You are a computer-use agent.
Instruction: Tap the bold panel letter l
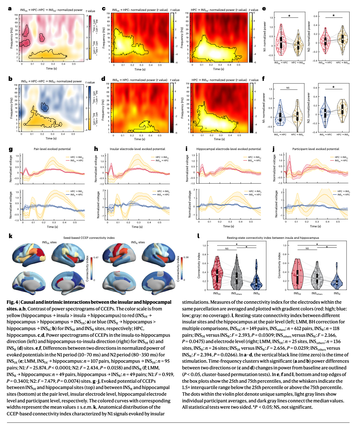pos(199,236)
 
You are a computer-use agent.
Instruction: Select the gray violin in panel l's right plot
pos(316,276)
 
